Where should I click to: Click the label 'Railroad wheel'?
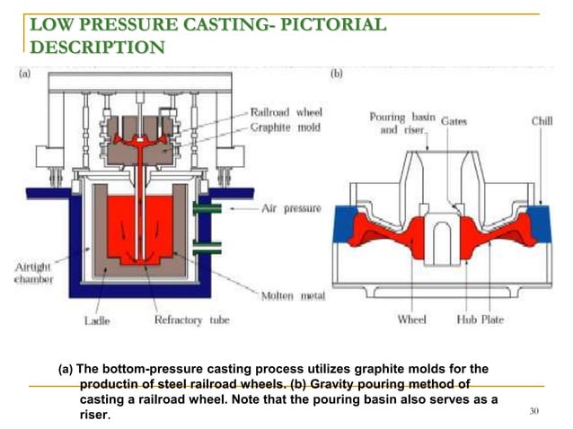click(285, 112)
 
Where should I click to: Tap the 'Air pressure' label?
click(290, 208)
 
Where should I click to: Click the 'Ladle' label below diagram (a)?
click(97, 320)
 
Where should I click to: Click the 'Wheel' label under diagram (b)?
click(411, 320)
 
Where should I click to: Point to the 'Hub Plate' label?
click(479, 320)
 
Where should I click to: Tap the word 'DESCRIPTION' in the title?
click(97, 46)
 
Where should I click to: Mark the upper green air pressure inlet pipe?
click(205, 208)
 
